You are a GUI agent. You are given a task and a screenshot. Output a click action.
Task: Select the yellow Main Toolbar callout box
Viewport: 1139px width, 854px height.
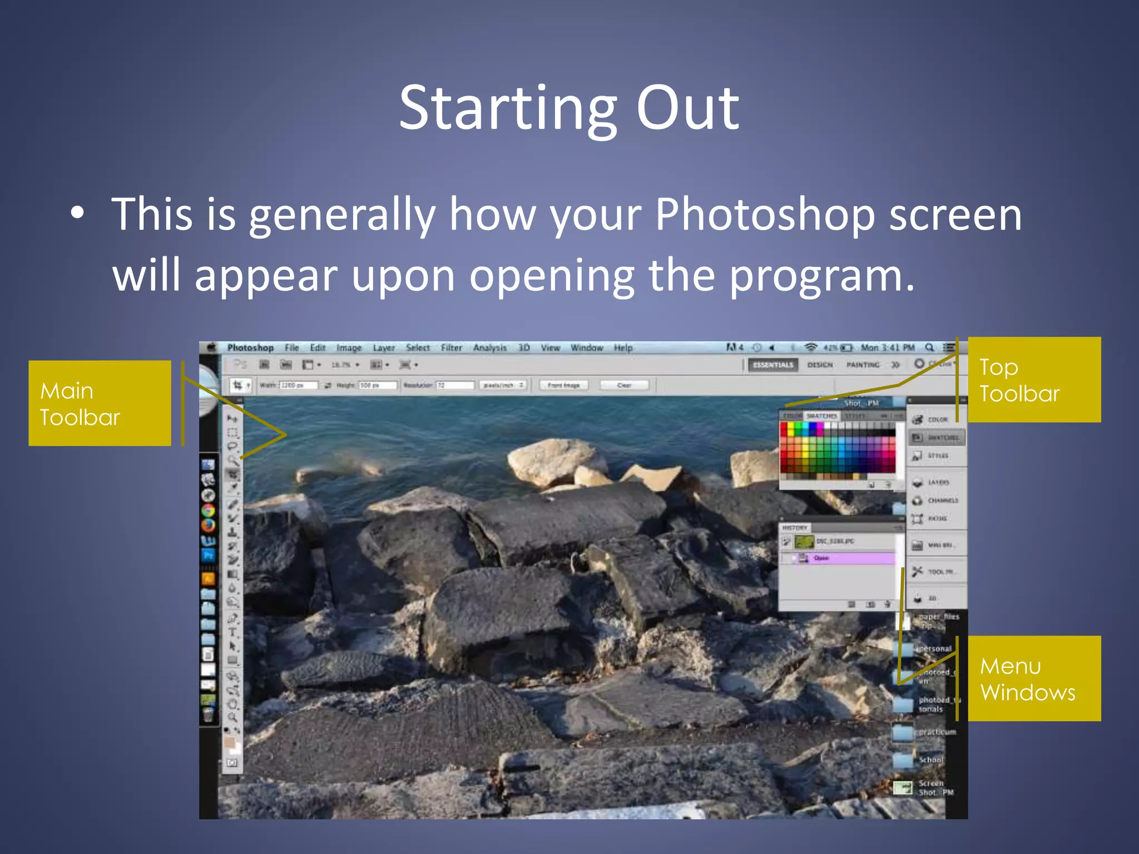pyautogui.click(x=100, y=403)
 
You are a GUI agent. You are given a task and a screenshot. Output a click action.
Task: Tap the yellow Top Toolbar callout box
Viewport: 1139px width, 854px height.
pyautogui.click(x=1034, y=380)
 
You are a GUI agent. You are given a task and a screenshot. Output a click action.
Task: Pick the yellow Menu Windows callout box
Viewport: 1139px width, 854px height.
pyautogui.click(x=1034, y=678)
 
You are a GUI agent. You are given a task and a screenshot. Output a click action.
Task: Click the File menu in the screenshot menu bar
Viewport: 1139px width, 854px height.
pyautogui.click(x=291, y=347)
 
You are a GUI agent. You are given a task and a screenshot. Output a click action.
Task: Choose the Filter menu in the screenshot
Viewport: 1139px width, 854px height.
pyautogui.click(x=451, y=347)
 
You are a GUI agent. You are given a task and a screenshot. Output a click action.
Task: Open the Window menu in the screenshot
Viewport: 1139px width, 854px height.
pyautogui.click(x=586, y=347)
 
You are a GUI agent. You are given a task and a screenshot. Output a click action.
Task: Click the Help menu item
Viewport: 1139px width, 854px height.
pyautogui.click(x=623, y=347)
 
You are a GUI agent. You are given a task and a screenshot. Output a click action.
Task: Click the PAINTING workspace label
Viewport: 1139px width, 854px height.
pyautogui.click(x=863, y=365)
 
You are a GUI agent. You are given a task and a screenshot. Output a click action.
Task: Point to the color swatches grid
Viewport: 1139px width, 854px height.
pyautogui.click(x=838, y=448)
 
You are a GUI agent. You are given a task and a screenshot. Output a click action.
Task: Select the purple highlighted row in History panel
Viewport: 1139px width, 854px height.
pyautogui.click(x=845, y=558)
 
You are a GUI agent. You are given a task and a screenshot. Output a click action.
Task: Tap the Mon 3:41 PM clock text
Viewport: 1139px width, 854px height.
pyautogui.click(x=887, y=347)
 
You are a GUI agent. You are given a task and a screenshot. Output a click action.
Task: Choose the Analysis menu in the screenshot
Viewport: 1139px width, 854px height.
pyautogui.click(x=489, y=347)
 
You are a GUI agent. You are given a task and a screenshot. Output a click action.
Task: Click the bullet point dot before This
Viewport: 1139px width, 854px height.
pyautogui.click(x=78, y=212)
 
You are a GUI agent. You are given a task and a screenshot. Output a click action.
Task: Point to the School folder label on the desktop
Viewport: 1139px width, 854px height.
pyautogui.click(x=930, y=759)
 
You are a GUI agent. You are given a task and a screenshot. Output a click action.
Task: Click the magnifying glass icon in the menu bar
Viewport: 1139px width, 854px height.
pyautogui.click(x=929, y=347)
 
